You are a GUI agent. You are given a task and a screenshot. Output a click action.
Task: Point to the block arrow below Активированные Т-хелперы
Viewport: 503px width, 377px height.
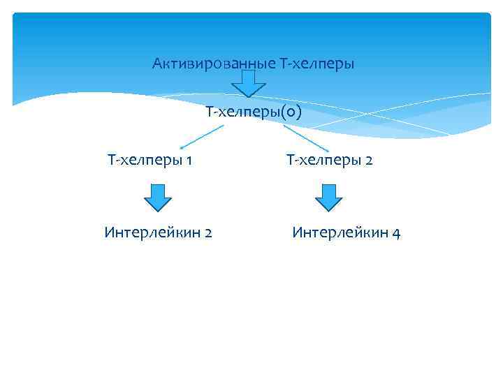pyautogui.click(x=248, y=84)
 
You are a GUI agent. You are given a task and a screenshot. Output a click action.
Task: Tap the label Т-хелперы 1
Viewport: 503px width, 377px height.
pyautogui.click(x=150, y=161)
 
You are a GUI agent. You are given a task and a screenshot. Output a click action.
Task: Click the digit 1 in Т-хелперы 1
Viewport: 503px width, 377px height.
pyautogui.click(x=189, y=161)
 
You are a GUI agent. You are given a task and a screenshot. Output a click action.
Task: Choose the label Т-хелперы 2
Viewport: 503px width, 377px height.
pyautogui.click(x=330, y=161)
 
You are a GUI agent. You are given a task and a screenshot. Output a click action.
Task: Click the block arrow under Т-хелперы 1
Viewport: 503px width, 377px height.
pyautogui.click(x=158, y=197)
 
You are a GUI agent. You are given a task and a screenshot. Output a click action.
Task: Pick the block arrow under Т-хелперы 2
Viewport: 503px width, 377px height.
pyautogui.click(x=329, y=197)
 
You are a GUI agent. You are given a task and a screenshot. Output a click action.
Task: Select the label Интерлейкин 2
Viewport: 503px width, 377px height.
pyautogui.click(x=159, y=232)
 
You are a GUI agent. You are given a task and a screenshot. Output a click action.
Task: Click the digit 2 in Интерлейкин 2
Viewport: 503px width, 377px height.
pyautogui.click(x=208, y=232)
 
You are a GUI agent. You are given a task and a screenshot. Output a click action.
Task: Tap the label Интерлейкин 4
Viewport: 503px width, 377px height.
pyautogui.click(x=347, y=232)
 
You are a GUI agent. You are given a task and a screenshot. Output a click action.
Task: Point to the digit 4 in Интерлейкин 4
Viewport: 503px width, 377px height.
pyautogui.click(x=396, y=232)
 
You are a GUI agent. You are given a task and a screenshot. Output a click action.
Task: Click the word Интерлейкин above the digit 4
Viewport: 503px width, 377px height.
pyautogui.click(x=340, y=232)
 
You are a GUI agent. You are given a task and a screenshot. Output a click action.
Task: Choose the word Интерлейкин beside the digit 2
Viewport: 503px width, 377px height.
pyautogui.click(x=152, y=232)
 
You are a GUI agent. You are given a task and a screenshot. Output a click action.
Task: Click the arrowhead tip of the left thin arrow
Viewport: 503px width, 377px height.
pyautogui.click(x=180, y=148)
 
